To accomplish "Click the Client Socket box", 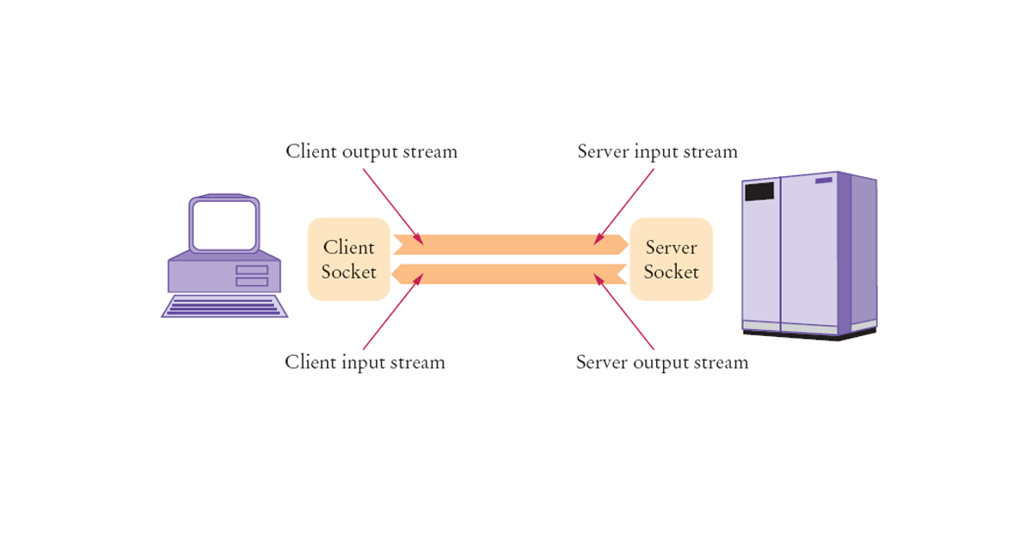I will click(x=348, y=259).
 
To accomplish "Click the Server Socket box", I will click(x=671, y=259).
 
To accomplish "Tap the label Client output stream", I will click(x=372, y=151).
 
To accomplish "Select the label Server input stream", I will click(x=657, y=151).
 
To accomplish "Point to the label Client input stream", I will click(x=365, y=362).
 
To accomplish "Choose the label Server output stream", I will click(x=661, y=362).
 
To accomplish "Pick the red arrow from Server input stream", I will click(x=625, y=205).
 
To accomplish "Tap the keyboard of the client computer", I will click(x=224, y=306).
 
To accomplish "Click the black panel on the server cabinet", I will click(x=759, y=191).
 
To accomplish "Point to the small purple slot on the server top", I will click(x=823, y=181).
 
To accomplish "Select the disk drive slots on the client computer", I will click(x=251, y=275).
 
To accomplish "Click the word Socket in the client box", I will click(x=348, y=272).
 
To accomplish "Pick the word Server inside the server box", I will click(x=671, y=248).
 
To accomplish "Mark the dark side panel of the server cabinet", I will click(x=857, y=254).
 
